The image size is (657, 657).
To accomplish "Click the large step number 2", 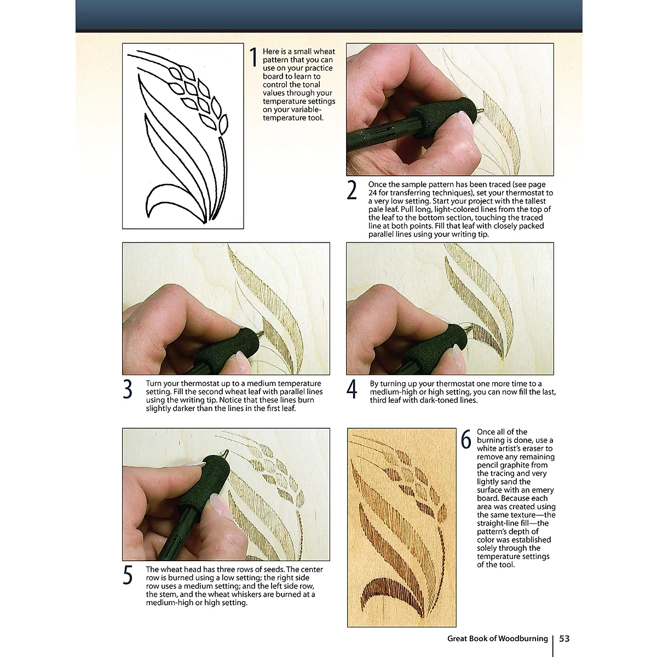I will [352, 190].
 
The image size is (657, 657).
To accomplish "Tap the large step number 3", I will [128, 389].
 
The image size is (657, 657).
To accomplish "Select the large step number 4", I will [352, 389].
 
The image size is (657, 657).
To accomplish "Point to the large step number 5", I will [128, 575].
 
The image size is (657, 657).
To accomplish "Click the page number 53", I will [564, 638].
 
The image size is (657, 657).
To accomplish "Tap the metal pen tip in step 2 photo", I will [480, 110].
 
